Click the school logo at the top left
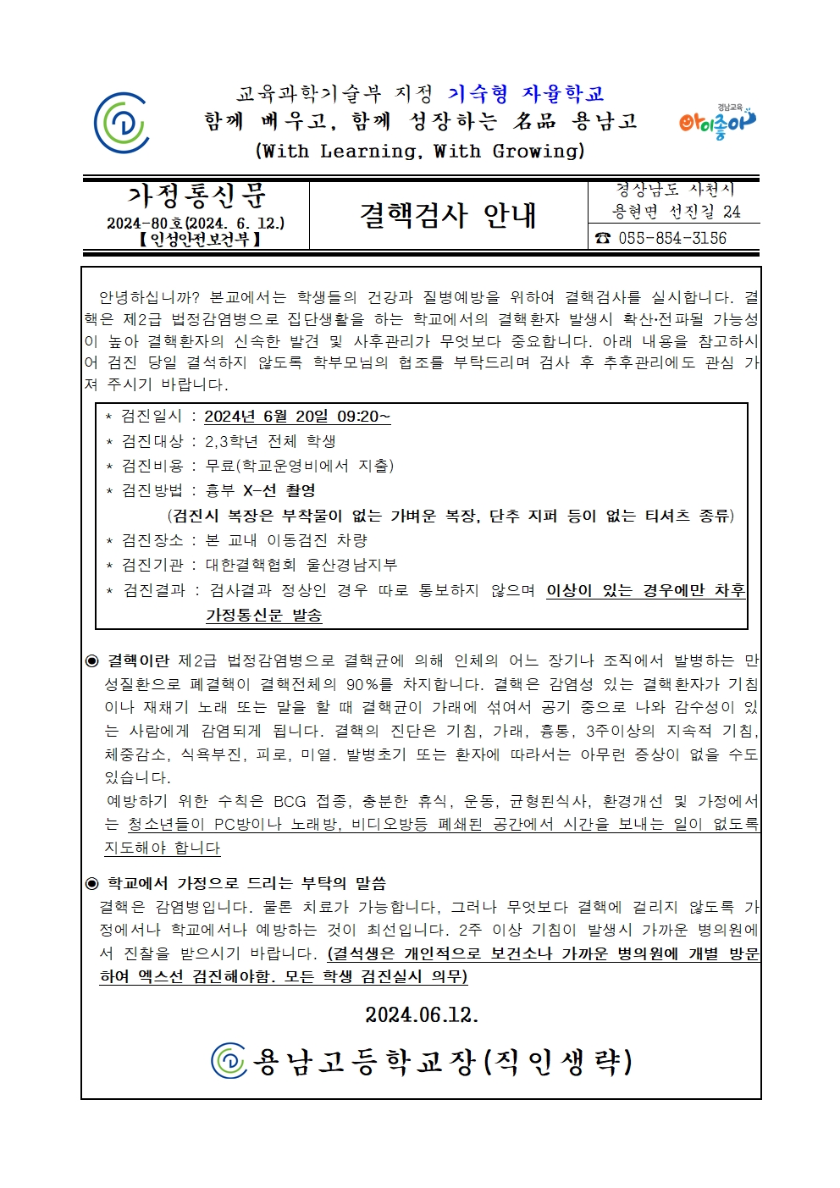tap(122, 123)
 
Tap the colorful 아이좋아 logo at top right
tap(716, 122)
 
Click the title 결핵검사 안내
tap(448, 215)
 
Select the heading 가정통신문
tap(196, 196)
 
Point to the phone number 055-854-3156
tap(672, 238)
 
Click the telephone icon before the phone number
tap(603, 238)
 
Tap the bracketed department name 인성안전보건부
tap(200, 240)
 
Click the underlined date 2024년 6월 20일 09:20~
tap(297, 417)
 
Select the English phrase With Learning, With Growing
tap(420, 152)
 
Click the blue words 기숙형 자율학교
tap(526, 94)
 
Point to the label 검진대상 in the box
tap(152, 441)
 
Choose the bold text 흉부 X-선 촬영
tap(261, 490)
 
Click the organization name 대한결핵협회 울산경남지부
tap(301, 565)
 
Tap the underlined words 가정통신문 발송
tap(264, 616)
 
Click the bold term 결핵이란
tap(138, 660)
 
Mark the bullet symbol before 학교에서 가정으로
tap(92, 884)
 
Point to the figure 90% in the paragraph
tap(369, 684)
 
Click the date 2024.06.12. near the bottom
tap(422, 1014)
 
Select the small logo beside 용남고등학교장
tap(229, 1061)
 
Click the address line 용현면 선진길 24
tap(676, 212)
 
